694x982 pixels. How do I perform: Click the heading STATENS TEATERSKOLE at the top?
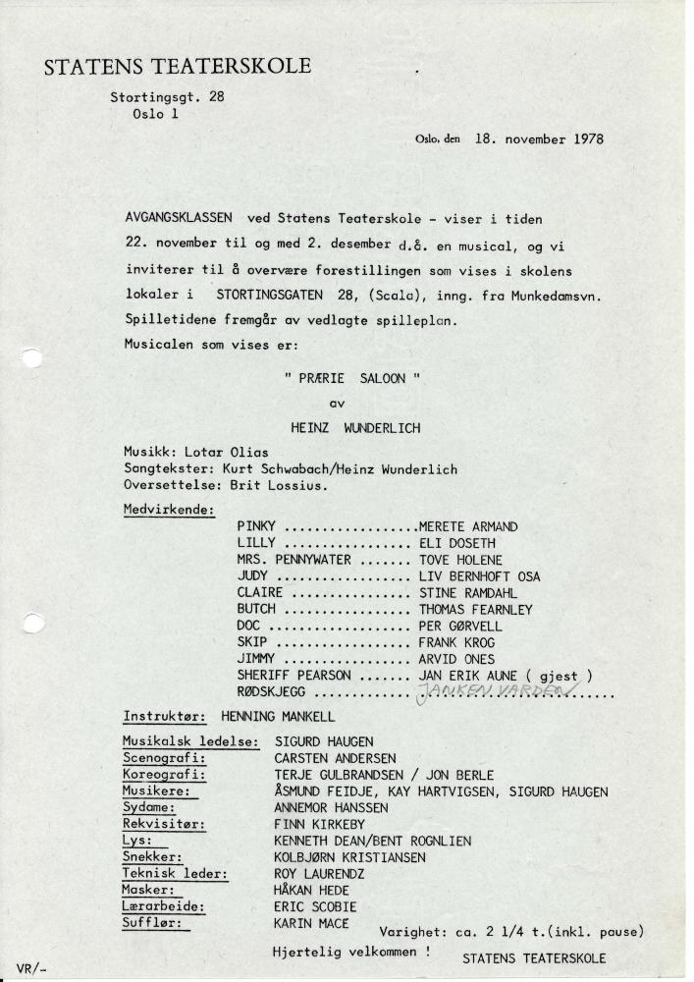pos(178,67)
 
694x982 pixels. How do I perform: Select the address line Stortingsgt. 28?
pos(167,96)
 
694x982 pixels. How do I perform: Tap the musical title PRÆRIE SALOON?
pos(351,378)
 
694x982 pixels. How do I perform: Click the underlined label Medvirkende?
pos(169,510)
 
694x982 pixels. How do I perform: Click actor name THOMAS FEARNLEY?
pos(475,609)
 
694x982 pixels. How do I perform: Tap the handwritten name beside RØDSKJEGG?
pos(501,691)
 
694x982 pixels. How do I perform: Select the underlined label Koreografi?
pos(163,775)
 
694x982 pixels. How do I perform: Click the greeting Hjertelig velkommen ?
pos(350,953)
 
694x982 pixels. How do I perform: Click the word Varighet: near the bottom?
pos(410,931)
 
